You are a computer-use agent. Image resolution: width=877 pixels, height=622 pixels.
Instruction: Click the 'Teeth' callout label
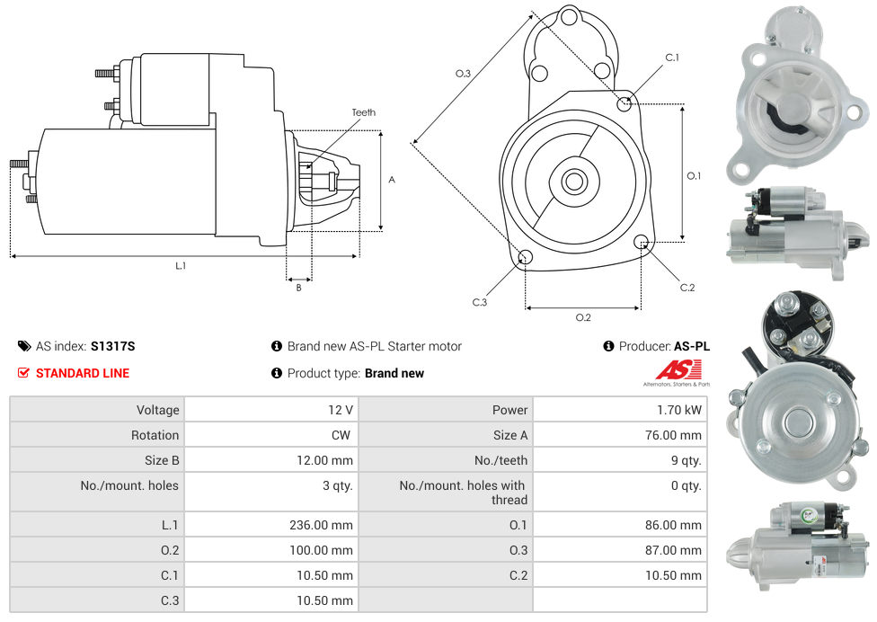[363, 112]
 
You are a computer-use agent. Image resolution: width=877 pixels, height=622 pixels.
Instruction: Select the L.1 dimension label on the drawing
[181, 265]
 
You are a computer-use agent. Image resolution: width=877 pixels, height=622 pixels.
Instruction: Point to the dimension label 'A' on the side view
[392, 180]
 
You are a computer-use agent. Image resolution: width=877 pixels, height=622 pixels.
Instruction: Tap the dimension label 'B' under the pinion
[298, 288]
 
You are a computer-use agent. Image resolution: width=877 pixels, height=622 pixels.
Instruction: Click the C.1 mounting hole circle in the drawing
[625, 104]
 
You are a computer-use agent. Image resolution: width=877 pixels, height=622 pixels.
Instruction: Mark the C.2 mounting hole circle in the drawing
[642, 242]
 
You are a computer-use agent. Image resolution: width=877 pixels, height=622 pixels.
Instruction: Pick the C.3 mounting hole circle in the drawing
[526, 259]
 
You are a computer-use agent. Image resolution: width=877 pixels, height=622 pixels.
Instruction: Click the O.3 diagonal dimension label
[463, 74]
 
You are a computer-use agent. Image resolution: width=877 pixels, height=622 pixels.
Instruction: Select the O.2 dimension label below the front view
[582, 317]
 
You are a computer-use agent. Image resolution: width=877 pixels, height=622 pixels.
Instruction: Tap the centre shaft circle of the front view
[573, 182]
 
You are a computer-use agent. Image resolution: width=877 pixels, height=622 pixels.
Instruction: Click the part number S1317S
[112, 346]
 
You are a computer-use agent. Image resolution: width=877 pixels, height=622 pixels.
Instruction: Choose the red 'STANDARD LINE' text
[82, 373]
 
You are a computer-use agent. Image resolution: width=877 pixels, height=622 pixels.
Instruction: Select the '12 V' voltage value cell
[341, 410]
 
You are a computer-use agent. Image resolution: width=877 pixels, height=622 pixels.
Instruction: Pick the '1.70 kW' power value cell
[681, 410]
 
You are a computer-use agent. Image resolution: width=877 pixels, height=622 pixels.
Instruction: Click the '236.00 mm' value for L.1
[321, 525]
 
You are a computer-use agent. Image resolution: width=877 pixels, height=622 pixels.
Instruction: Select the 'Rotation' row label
[155, 435]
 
